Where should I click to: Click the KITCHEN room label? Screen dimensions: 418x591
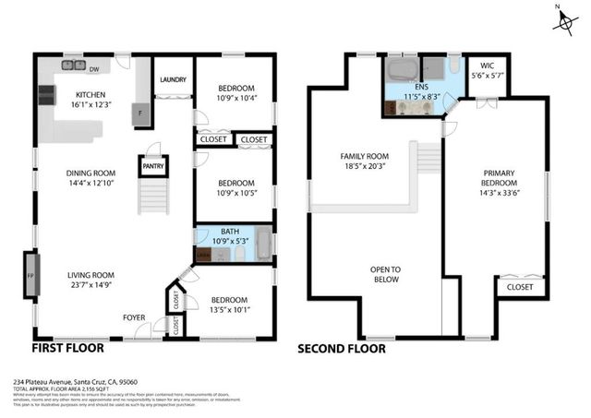(x=92, y=93)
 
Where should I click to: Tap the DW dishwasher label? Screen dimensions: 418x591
(x=94, y=67)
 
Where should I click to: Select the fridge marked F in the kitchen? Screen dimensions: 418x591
(x=141, y=112)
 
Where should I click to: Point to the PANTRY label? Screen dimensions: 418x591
(x=152, y=167)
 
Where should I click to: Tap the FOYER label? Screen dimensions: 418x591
(x=135, y=317)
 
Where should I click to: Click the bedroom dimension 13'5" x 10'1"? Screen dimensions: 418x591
(x=228, y=311)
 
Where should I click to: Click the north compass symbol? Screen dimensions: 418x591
(x=562, y=22)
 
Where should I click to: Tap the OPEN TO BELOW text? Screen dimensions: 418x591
(x=386, y=274)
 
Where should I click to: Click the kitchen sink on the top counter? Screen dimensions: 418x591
(x=70, y=66)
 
